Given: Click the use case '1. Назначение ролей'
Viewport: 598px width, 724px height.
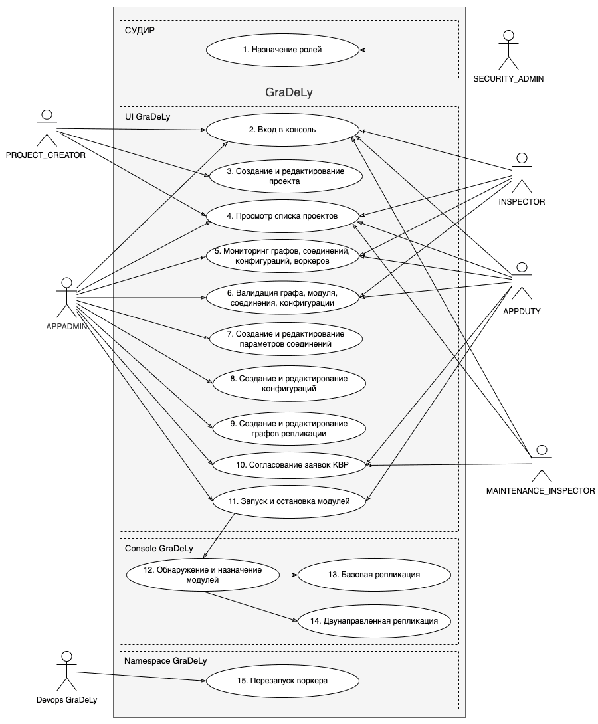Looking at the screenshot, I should point(282,50).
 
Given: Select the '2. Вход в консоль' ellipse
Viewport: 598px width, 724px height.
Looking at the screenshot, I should point(282,130).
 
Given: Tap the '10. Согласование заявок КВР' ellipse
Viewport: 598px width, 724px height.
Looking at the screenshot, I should point(289,465).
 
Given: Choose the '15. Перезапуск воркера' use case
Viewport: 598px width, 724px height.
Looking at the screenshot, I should point(282,681).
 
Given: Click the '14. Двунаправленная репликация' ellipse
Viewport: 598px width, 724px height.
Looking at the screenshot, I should point(375,621).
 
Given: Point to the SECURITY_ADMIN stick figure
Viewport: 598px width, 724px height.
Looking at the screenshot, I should point(508,50).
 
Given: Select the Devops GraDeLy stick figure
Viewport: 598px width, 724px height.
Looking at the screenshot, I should point(65,671).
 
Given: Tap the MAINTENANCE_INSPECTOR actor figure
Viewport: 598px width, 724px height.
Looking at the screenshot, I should point(542,463).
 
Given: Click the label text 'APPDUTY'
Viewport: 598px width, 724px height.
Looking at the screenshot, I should point(522,310).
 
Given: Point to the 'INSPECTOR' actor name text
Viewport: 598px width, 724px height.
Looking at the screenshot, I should point(522,202).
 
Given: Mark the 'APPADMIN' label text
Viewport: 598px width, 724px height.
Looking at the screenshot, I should point(66,326).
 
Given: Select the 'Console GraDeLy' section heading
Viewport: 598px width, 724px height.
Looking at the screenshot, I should point(159,548).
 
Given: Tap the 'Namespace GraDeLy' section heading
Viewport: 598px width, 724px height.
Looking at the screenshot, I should point(165,661).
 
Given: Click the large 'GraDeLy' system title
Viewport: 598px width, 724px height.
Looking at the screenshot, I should point(289,93).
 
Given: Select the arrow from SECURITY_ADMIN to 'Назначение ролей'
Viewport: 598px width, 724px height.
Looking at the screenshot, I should point(429,50).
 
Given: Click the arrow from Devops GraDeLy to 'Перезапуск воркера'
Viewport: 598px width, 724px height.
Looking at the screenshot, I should point(140,676).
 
